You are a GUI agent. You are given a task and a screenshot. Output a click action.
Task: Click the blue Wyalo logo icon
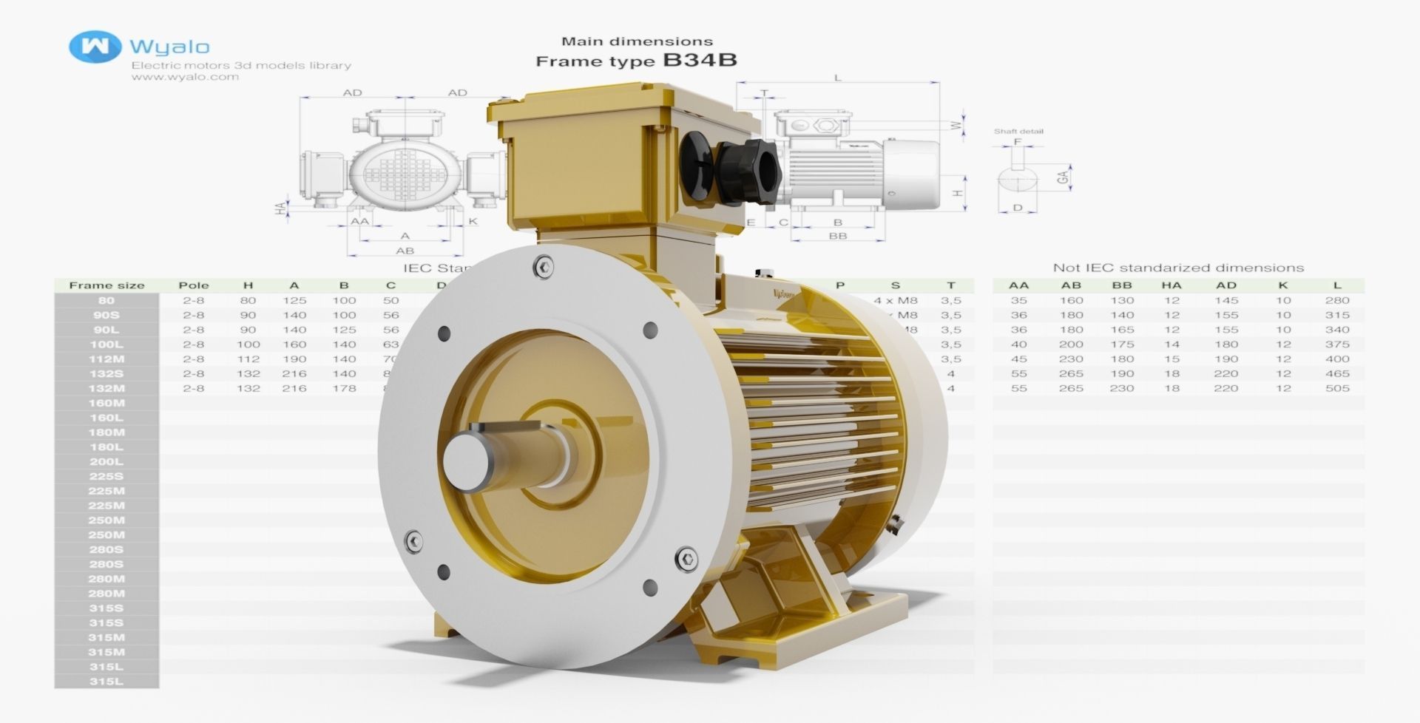click(x=95, y=47)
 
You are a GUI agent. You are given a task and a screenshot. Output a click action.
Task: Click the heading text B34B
click(x=700, y=60)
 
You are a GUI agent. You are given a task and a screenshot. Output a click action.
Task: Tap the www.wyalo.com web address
click(x=185, y=77)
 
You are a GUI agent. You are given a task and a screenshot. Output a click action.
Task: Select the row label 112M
click(x=106, y=359)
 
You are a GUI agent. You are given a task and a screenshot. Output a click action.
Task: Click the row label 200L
click(x=106, y=462)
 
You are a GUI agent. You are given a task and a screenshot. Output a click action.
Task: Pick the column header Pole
click(x=194, y=285)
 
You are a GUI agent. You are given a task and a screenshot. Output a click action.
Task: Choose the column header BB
click(x=1121, y=285)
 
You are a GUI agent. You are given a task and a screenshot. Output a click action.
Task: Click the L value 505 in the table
click(x=1337, y=388)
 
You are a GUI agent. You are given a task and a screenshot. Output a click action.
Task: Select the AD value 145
click(x=1225, y=301)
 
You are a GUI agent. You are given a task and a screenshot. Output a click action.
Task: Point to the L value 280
click(x=1337, y=301)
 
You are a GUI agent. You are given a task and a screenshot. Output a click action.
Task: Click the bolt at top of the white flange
click(x=544, y=267)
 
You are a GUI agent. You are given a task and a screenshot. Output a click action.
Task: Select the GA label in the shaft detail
click(x=1063, y=177)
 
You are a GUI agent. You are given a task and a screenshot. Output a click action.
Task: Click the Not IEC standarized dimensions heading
click(x=1178, y=268)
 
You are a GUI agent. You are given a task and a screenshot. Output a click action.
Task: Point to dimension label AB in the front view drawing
click(x=405, y=251)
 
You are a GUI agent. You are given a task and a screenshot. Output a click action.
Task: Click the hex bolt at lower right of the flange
click(x=687, y=559)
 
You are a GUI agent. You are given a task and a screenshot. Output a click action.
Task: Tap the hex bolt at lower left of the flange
click(x=414, y=541)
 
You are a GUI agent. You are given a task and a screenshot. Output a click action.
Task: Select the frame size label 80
click(x=106, y=301)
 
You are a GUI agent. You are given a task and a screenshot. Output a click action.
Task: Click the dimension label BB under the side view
click(x=837, y=236)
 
